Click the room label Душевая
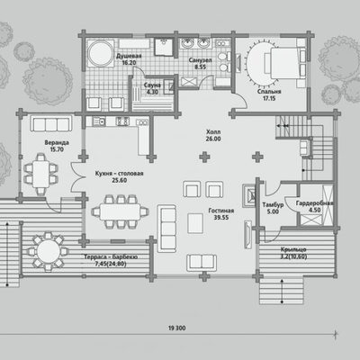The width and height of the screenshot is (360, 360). (x=129, y=56)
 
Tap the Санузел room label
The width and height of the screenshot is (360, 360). (x=200, y=60)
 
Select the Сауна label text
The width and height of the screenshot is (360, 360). (x=152, y=85)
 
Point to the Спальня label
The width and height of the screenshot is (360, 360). (x=269, y=92)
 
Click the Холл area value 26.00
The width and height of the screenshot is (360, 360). (x=213, y=139)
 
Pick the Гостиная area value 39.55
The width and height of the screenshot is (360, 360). (x=221, y=218)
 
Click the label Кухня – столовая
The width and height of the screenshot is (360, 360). (x=119, y=174)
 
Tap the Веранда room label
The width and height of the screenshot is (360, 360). (x=57, y=142)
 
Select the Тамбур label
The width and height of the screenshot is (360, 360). (x=273, y=205)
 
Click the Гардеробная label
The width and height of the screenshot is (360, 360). (x=314, y=203)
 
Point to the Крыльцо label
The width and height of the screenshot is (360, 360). (x=293, y=249)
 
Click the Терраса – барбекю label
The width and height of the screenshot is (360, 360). (x=111, y=257)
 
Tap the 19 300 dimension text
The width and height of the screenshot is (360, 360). (x=177, y=328)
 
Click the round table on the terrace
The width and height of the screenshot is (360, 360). (x=48, y=251)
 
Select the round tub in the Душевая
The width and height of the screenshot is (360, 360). (x=100, y=52)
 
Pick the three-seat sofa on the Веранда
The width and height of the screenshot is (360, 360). (x=51, y=123)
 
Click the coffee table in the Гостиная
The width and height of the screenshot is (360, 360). (x=195, y=223)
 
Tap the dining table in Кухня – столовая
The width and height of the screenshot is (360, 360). (x=120, y=211)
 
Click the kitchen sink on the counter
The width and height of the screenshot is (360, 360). (x=98, y=121)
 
